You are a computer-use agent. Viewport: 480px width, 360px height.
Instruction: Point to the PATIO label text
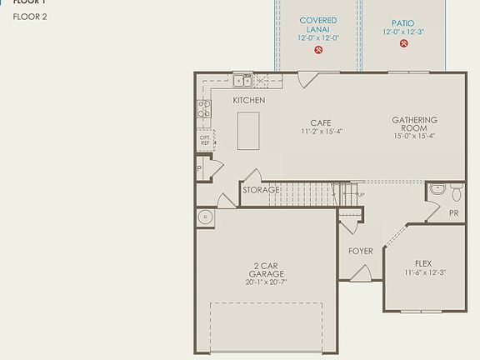pyautogui.click(x=403, y=23)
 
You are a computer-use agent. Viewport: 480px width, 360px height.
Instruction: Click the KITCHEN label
pyautogui.click(x=248, y=100)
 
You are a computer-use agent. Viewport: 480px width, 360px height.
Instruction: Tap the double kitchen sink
pyautogui.click(x=243, y=81)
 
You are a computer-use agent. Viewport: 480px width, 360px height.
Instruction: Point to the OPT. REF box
pyautogui.click(x=204, y=140)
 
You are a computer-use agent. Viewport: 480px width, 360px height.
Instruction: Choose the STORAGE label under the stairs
pyautogui.click(x=261, y=190)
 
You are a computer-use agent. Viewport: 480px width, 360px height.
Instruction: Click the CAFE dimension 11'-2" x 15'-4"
pyautogui.click(x=322, y=132)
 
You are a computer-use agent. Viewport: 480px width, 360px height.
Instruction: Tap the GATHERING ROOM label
pyautogui.click(x=414, y=124)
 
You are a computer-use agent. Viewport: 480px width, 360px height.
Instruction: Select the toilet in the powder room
pyautogui.click(x=456, y=192)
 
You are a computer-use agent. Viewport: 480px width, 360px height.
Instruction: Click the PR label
pyautogui.click(x=453, y=213)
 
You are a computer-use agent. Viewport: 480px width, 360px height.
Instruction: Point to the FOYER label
pyautogui.click(x=360, y=250)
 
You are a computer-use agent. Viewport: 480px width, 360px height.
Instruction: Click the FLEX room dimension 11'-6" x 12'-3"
pyautogui.click(x=426, y=272)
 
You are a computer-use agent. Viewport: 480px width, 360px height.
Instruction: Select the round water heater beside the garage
pyautogui.click(x=205, y=217)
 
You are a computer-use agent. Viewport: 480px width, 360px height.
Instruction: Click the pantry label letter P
pyautogui.click(x=200, y=169)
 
